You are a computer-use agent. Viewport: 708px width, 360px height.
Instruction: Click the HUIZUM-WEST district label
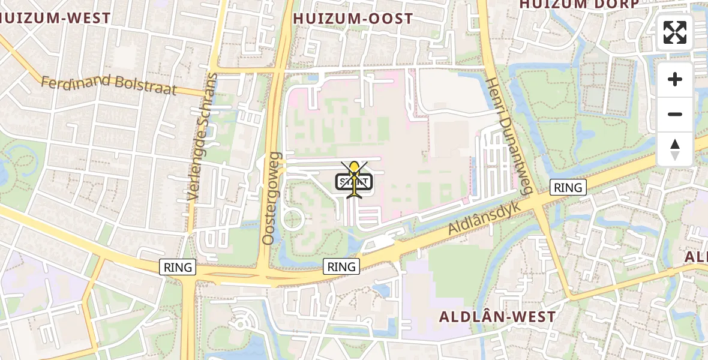pos(56,18)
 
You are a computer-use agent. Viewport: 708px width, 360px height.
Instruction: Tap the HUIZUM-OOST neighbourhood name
pos(353,19)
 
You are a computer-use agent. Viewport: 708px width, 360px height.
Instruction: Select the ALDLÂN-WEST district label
pos(497,316)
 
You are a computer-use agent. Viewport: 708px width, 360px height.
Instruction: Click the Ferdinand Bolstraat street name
pos(109,85)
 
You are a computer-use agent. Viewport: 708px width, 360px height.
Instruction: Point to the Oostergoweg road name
pos(272,198)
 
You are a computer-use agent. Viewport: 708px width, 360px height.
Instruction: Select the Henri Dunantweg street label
pos(509,136)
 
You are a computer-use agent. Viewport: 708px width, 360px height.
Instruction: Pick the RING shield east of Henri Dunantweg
pos(568,188)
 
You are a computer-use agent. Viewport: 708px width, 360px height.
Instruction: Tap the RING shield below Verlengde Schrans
pos(178,267)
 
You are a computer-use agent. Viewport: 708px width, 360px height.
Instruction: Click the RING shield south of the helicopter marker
pos(341,266)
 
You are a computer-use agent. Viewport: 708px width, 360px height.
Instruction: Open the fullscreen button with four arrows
pos(675,32)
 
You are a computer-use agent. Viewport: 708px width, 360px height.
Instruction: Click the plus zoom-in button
pos(675,79)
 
